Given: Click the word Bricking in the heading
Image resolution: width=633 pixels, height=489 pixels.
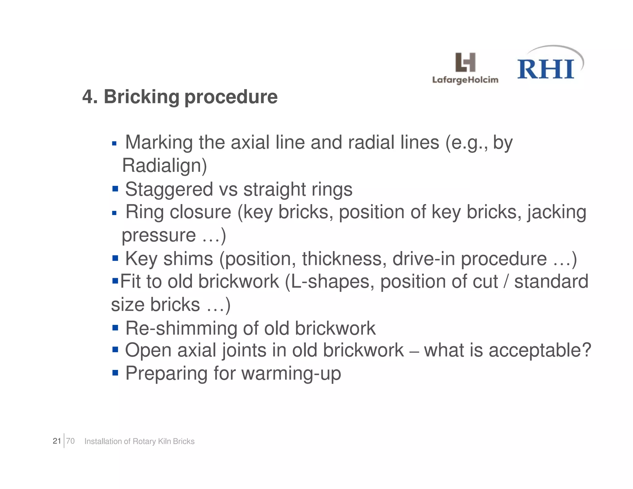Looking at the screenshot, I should pyautogui.click(x=142, y=97).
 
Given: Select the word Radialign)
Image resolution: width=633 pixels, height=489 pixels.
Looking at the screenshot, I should pyautogui.click(x=164, y=166).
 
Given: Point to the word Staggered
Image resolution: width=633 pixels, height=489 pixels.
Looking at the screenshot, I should pyautogui.click(x=169, y=190).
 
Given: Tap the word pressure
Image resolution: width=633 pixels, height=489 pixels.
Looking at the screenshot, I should pyautogui.click(x=159, y=236).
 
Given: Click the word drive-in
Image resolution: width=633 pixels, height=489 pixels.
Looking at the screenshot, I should pyautogui.click(x=423, y=259).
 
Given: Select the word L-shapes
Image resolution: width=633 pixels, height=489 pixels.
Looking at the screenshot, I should pyautogui.click(x=330, y=282).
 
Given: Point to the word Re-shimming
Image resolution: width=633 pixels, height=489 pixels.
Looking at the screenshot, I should pyautogui.click(x=181, y=328).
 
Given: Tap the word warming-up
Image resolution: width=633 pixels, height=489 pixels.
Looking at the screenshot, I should pyautogui.click(x=291, y=374).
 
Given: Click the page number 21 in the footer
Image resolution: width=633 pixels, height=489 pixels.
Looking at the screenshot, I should pyautogui.click(x=57, y=441).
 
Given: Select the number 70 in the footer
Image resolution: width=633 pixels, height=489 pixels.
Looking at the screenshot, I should pyautogui.click(x=70, y=441).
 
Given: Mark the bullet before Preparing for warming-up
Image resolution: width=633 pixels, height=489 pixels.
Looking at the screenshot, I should pyautogui.click(x=115, y=373).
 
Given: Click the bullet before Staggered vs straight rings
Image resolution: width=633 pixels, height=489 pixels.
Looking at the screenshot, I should pyautogui.click(x=115, y=189).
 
